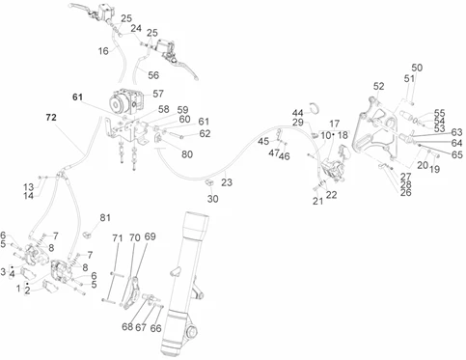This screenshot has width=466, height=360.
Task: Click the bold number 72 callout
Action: pos(51,118)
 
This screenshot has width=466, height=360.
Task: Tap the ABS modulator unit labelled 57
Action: pos(127,101)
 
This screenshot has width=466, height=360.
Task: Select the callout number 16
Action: pos(103,51)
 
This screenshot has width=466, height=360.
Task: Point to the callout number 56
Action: pos(153,75)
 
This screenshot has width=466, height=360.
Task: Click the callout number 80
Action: pos(187,154)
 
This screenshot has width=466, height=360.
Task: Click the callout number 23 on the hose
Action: pos(227,182)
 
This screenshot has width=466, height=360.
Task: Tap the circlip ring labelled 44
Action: pos(315,108)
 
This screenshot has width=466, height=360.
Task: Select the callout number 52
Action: pos(379,86)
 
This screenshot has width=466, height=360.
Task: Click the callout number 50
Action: pos(417,68)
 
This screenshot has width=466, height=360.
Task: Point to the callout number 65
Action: pos(456,154)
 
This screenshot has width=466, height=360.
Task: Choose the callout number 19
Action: pos(435,169)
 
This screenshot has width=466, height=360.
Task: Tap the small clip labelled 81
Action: pos(88,235)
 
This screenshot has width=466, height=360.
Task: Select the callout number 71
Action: pos(118,238)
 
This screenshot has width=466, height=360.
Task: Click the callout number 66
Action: pos(156,328)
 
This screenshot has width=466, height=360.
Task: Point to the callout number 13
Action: pos(28,187)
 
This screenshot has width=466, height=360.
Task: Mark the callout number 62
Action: pos(205,133)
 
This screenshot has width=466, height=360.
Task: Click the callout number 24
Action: pos(136,28)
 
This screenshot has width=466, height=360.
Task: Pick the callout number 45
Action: pos(263,141)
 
